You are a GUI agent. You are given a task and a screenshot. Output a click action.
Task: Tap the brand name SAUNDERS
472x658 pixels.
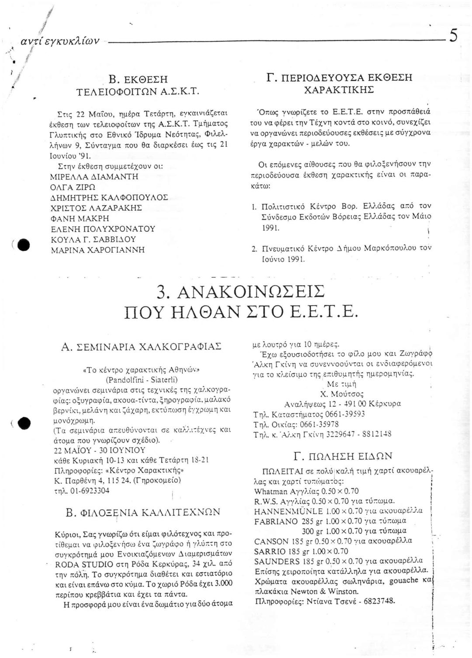click(x=275, y=561)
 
